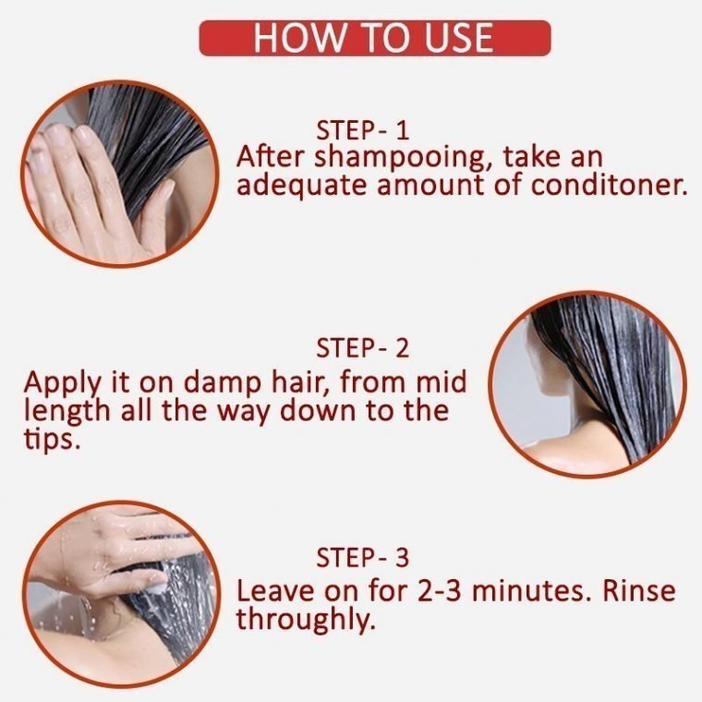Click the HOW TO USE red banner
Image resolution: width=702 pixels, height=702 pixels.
pyautogui.click(x=375, y=38)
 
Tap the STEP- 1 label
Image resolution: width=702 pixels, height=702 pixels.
pyautogui.click(x=363, y=130)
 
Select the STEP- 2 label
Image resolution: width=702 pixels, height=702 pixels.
pyautogui.click(x=363, y=348)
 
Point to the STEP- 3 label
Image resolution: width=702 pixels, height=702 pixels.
pyautogui.click(x=363, y=557)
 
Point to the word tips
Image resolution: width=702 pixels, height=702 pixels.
pyautogui.click(x=52, y=440)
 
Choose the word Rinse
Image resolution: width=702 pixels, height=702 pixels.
pyautogui.click(x=639, y=590)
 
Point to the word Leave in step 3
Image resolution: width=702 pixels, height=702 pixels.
pyautogui.click(x=275, y=590)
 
